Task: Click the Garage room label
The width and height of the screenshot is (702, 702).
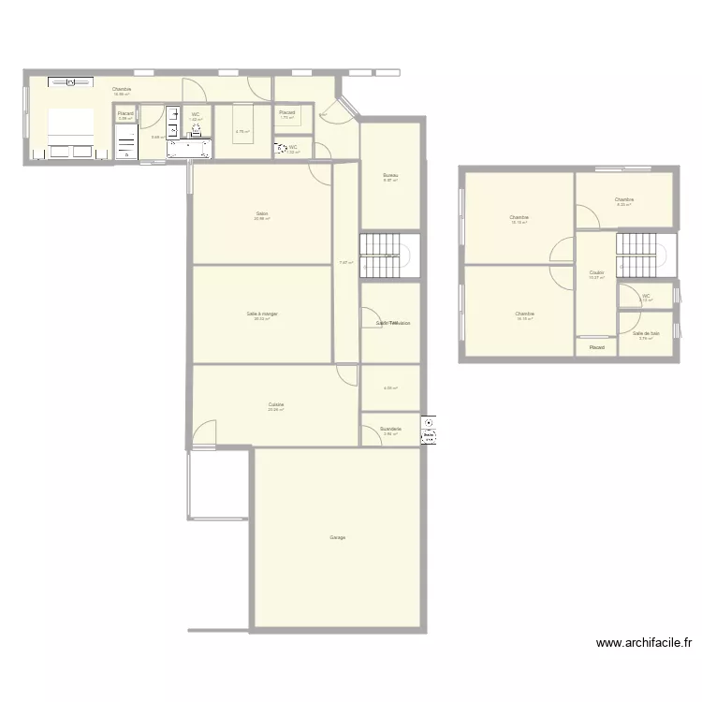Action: coord(338,537)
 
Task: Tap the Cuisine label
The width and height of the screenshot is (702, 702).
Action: coord(276,405)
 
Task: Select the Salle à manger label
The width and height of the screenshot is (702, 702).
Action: coord(262,314)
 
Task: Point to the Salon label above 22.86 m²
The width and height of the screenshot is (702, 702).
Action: coord(262,213)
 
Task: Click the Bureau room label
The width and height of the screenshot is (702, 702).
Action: coord(391,175)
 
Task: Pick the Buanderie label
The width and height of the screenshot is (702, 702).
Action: coord(391,430)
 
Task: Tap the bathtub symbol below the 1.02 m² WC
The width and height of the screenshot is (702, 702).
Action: coord(190,148)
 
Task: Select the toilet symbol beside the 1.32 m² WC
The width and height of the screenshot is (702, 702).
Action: coord(281,149)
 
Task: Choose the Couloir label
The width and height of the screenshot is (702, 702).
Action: coord(596,273)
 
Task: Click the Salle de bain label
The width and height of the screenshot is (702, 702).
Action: coord(646,333)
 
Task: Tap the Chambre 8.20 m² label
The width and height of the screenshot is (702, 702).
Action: coord(624,199)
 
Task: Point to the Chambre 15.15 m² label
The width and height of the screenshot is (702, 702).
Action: coord(519,217)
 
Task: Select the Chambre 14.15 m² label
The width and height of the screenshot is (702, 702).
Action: coord(524,314)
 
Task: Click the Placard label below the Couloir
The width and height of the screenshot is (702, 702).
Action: coord(596,348)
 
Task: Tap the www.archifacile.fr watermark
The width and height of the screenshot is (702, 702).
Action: coord(644,643)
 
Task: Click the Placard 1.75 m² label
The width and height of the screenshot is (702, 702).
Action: coord(287,112)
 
